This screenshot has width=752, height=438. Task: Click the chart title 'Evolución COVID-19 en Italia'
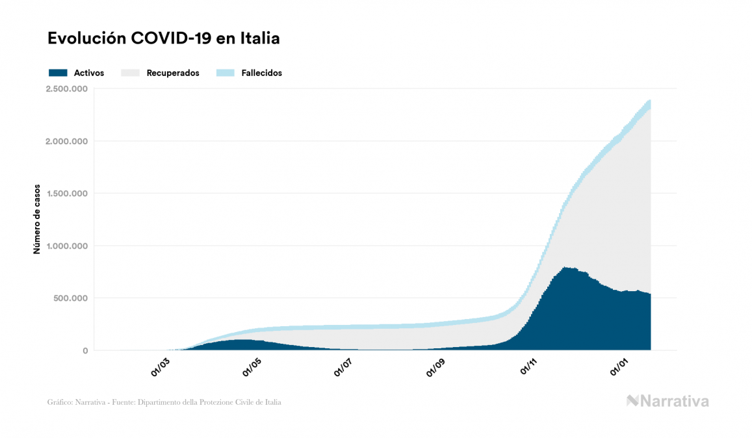[164, 38]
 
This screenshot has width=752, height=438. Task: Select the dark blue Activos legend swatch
[58, 73]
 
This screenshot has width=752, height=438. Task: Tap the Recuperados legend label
[173, 73]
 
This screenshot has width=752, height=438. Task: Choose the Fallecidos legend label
[261, 73]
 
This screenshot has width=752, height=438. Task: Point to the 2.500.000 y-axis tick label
[67, 89]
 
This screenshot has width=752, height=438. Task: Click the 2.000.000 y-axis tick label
[67, 141]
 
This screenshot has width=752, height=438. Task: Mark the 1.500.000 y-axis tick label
[67, 194]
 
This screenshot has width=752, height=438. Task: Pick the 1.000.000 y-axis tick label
[67, 246]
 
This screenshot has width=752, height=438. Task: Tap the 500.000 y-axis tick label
[71, 298]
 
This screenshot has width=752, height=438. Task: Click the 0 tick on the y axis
[85, 351]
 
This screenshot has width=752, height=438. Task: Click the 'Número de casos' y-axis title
[37, 219]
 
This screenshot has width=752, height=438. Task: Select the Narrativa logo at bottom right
[668, 401]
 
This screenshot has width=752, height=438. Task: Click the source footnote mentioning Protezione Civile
[164, 402]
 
